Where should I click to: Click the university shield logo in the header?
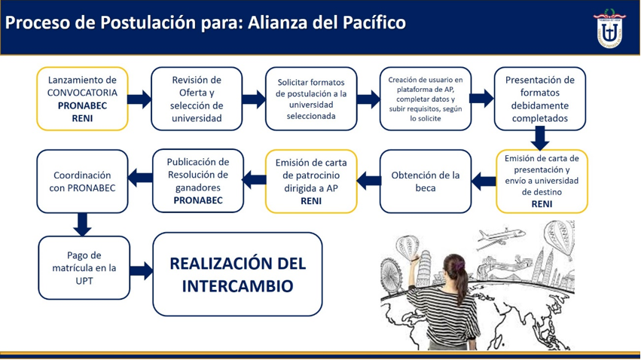tap(609, 28)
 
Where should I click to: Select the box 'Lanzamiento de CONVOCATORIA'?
tap(82, 99)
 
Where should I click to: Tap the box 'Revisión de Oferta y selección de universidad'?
tap(197, 99)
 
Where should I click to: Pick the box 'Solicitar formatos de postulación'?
tap(311, 99)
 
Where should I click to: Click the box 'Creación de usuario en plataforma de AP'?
tap(426, 99)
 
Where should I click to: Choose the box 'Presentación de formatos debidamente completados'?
tap(540, 99)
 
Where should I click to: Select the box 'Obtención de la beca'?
tap(426, 182)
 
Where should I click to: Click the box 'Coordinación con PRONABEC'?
tap(82, 182)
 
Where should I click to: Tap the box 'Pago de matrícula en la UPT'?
tap(84, 268)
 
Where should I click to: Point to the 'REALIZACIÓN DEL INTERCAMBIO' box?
tap(237, 275)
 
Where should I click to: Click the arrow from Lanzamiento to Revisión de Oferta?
tap(139, 99)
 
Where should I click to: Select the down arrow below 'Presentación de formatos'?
tap(540, 138)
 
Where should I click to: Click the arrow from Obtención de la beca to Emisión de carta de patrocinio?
tap(369, 181)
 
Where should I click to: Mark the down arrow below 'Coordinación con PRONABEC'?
tap(82, 224)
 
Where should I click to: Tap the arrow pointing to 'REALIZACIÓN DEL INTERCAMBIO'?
tap(142, 271)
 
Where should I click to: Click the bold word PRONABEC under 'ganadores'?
tap(198, 200)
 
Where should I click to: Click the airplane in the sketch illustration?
tap(500, 238)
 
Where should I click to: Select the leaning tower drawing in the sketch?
tap(423, 267)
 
